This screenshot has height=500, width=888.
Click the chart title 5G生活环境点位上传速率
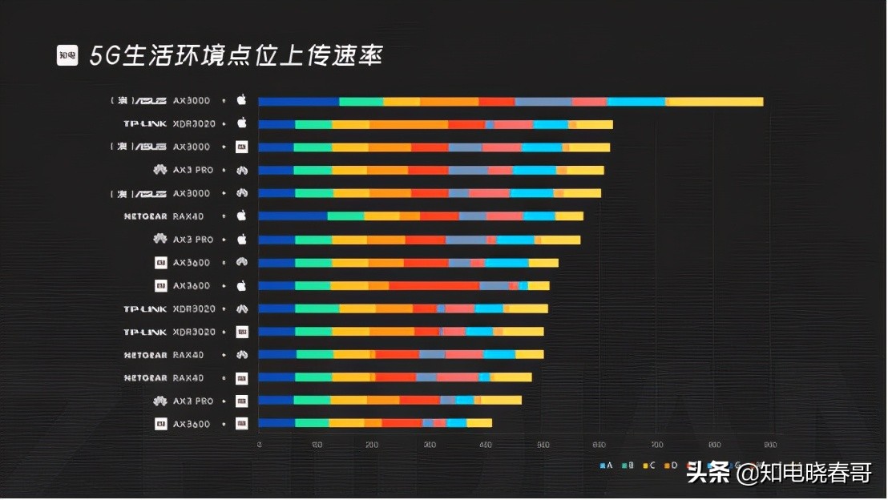point(236,55)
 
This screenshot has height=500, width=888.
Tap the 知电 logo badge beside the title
point(67,55)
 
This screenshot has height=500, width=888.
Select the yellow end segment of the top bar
point(715,102)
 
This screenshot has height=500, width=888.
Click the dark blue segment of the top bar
point(298,102)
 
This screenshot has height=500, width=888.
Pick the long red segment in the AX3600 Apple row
point(434,286)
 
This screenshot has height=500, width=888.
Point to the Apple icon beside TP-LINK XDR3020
point(241,123)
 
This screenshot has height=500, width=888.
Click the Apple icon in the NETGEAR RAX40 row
point(241,216)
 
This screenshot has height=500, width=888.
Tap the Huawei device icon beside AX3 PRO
point(241,170)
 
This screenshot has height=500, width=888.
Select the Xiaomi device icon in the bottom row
point(241,423)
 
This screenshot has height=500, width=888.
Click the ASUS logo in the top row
point(150,101)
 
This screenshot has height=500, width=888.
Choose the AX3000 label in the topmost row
point(192,101)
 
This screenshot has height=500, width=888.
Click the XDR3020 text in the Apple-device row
point(194,123)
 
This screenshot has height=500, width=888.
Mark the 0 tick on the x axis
point(259,444)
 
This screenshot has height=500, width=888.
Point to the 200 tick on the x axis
point(373,444)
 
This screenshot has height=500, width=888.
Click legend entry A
point(607,465)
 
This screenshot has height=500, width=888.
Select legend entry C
point(650,465)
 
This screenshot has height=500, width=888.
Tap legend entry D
point(672,465)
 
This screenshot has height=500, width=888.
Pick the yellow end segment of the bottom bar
point(479,423)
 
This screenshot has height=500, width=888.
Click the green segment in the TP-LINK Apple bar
point(313,124)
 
